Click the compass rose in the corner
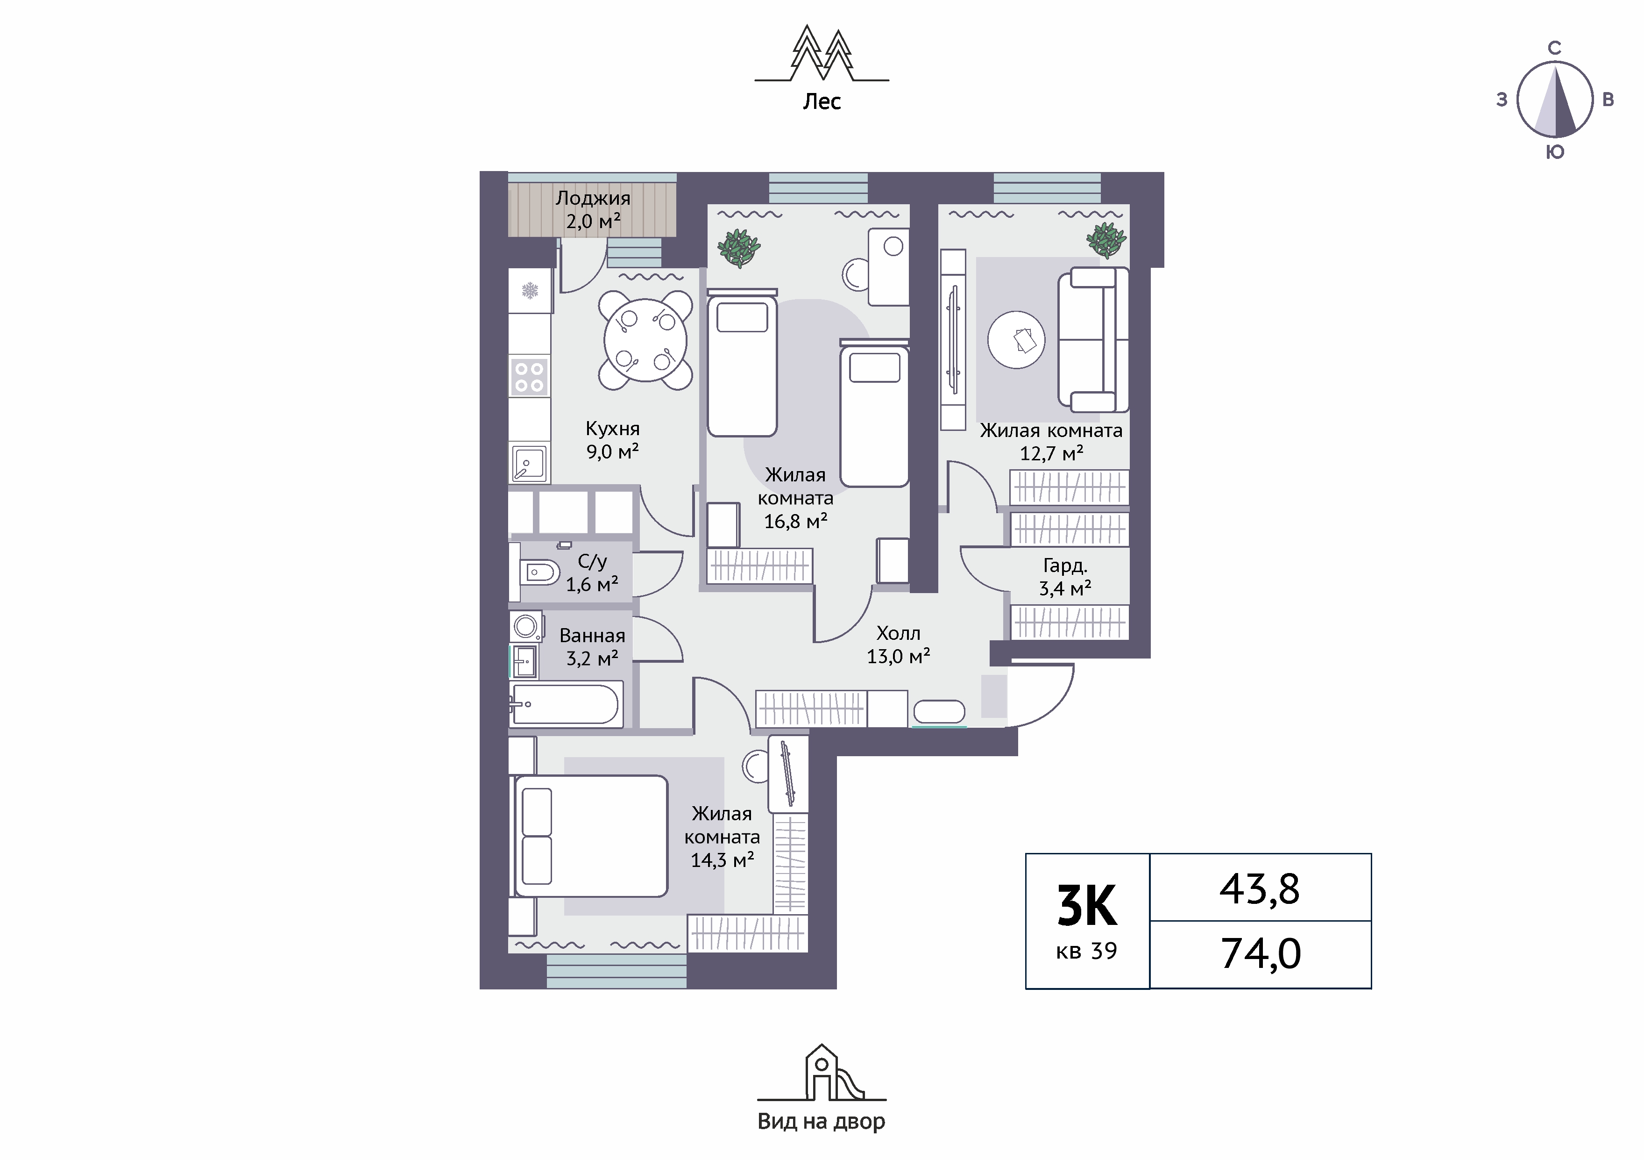(1554, 100)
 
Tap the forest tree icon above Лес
(822, 54)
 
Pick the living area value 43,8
(1260, 889)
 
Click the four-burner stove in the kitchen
(530, 377)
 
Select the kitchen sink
(529, 463)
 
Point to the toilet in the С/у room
(539, 572)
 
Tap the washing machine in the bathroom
(527, 626)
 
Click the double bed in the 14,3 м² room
(591, 836)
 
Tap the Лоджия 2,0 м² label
(593, 209)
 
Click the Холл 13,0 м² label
(899, 644)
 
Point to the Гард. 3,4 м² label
(1065, 577)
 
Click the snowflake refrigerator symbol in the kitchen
(530, 291)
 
